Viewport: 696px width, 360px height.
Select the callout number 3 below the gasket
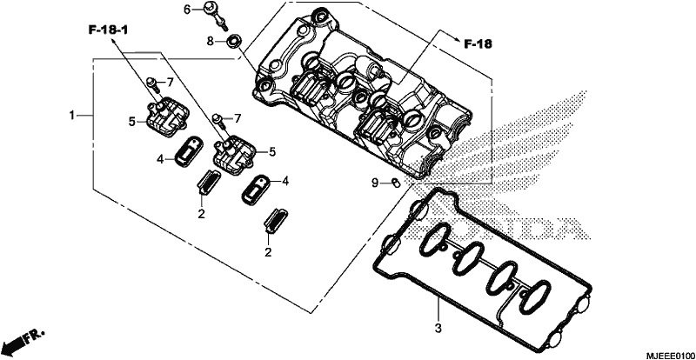(438, 330)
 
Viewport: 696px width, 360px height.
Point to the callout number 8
(210, 41)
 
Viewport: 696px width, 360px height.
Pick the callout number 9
(375, 182)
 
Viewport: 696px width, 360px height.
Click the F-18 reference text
(478, 43)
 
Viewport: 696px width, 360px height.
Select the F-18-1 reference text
(108, 30)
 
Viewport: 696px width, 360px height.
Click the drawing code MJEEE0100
(670, 355)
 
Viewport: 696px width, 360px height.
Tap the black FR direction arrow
(13, 343)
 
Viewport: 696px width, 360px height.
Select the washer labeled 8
(232, 42)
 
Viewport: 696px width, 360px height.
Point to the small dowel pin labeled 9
(394, 182)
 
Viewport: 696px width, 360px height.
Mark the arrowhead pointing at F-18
(456, 38)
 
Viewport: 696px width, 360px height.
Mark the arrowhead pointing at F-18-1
(114, 40)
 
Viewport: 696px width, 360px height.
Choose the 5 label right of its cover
(271, 152)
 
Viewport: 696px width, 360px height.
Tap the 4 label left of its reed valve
(159, 158)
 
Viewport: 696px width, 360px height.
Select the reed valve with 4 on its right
(255, 190)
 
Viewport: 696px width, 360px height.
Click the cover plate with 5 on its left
(165, 117)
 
